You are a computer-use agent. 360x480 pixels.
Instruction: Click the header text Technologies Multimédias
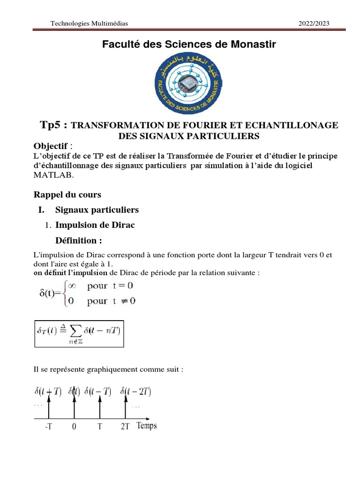coord(89,23)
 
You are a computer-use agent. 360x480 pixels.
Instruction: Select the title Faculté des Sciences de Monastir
coord(189,45)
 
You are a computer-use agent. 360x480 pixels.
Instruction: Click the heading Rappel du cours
coord(67,195)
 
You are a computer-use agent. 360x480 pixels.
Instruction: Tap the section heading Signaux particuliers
coord(97,210)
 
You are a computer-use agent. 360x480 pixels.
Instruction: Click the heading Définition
coord(79,240)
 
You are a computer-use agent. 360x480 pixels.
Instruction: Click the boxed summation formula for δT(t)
coord(79,333)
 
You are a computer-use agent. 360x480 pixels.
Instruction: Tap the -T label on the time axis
coord(49,427)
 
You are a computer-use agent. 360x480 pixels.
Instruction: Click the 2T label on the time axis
coord(124,427)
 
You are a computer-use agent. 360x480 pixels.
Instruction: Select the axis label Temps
coord(147,426)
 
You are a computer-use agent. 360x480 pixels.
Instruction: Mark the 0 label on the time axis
coord(74,427)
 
